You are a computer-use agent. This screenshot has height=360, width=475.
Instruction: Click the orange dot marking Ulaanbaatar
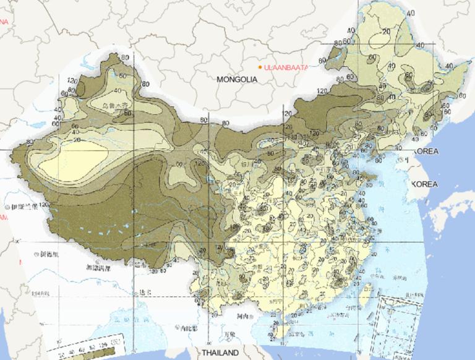point(260,67)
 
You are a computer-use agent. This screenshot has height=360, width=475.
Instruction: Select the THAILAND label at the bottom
point(220,353)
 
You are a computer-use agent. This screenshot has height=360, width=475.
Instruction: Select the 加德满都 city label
point(98,268)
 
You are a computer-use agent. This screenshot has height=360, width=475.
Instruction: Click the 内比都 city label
point(189,326)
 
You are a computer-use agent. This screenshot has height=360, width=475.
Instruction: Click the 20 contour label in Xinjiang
point(77,140)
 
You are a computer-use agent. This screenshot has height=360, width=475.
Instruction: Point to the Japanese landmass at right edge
point(451,210)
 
